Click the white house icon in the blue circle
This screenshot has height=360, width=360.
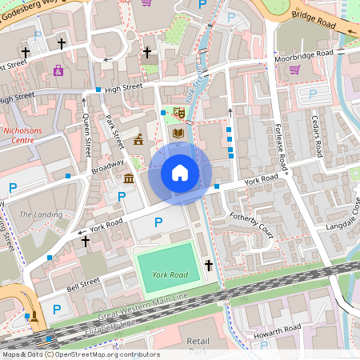(x=180, y=172)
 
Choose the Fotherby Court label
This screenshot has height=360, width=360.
(x=252, y=226)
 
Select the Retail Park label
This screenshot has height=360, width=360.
(x=198, y=346)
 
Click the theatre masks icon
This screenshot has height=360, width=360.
(x=179, y=113)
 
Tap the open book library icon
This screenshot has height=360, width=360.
(x=178, y=132)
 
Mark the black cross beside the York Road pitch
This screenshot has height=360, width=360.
(x=209, y=264)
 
